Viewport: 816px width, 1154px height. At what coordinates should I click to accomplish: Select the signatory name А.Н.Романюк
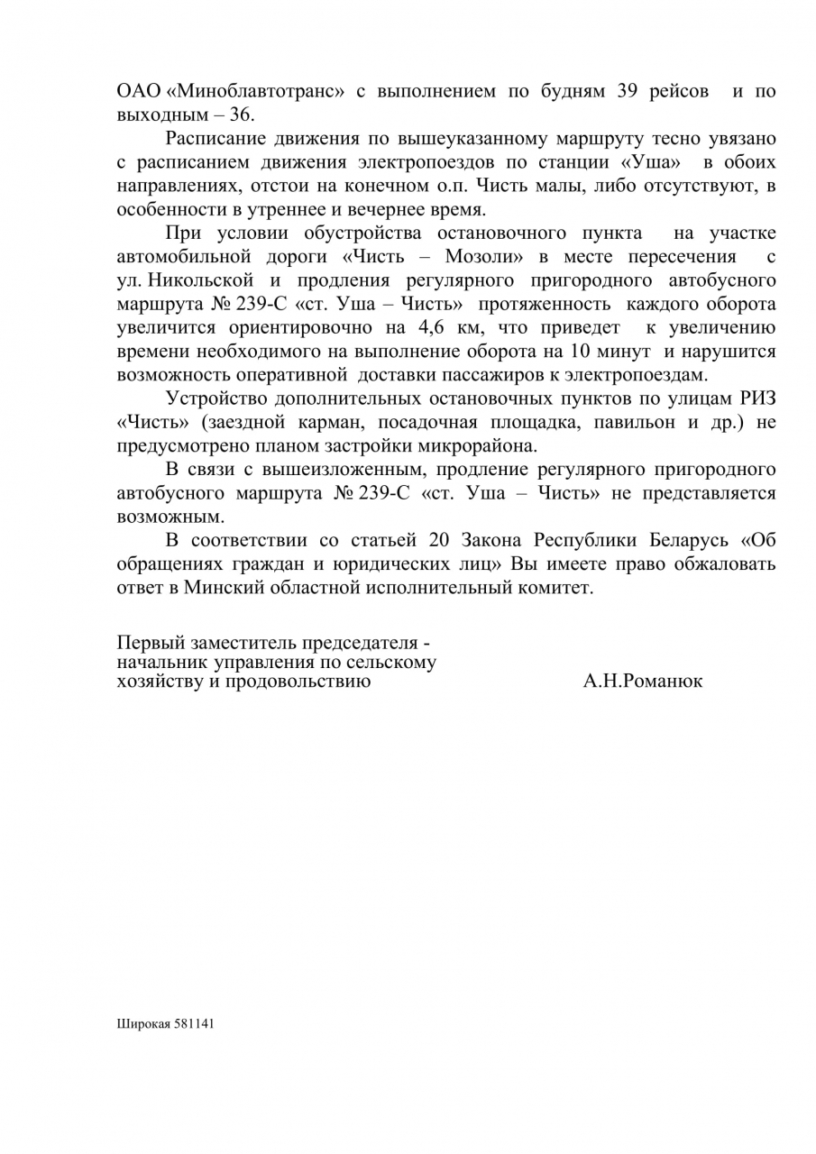[x=643, y=682]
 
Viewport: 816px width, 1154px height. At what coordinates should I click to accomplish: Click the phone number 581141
[x=194, y=1024]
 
